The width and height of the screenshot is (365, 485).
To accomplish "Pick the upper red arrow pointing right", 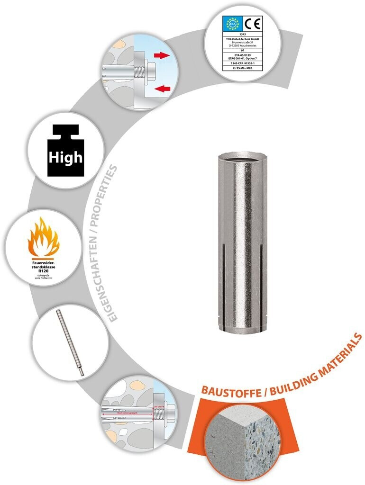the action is (161, 55).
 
